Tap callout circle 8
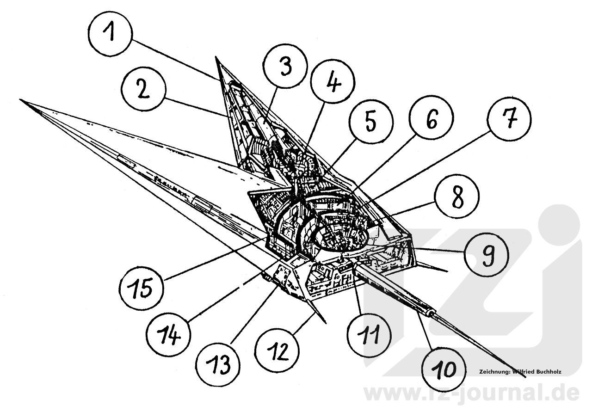point(456,197)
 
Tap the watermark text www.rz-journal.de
point(472,392)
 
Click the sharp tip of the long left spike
point(20,99)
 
